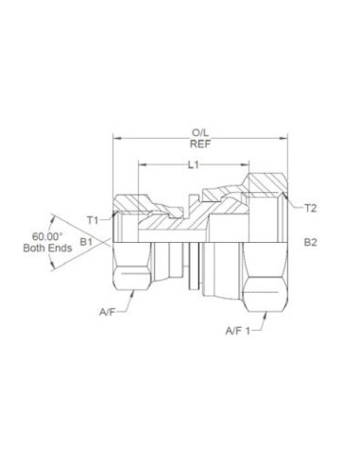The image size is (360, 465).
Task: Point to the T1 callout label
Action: pyautogui.click(x=93, y=219)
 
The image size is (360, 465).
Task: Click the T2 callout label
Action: pyautogui.click(x=310, y=207)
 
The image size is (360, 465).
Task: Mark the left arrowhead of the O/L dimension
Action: pyautogui.click(x=115, y=139)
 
